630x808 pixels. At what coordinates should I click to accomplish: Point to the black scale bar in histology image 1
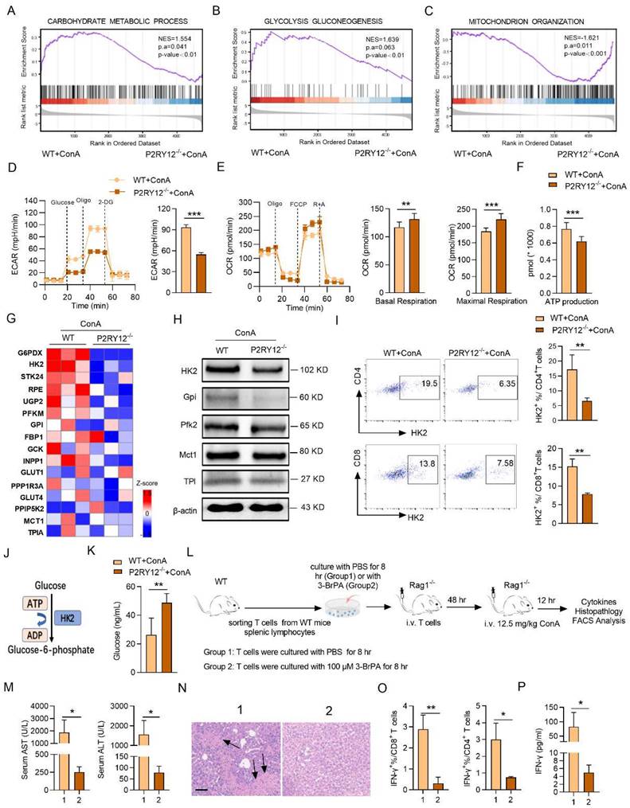pyautogui.click(x=204, y=767)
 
